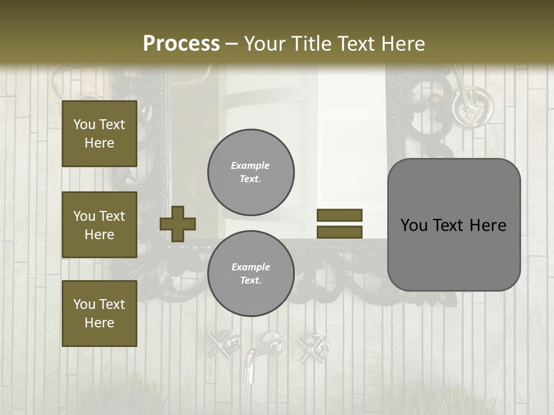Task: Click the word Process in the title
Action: click(181, 44)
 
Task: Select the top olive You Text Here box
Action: click(99, 134)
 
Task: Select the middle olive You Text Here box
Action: click(99, 225)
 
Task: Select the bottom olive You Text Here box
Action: click(99, 314)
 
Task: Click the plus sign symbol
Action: click(178, 224)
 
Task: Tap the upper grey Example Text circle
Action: click(250, 172)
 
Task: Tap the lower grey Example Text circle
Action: click(250, 274)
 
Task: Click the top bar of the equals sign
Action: click(339, 215)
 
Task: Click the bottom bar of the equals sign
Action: click(339, 232)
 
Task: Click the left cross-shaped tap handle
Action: click(223, 344)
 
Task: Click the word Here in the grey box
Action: click(488, 225)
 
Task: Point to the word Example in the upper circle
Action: click(250, 165)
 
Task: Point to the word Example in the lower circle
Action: click(250, 267)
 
